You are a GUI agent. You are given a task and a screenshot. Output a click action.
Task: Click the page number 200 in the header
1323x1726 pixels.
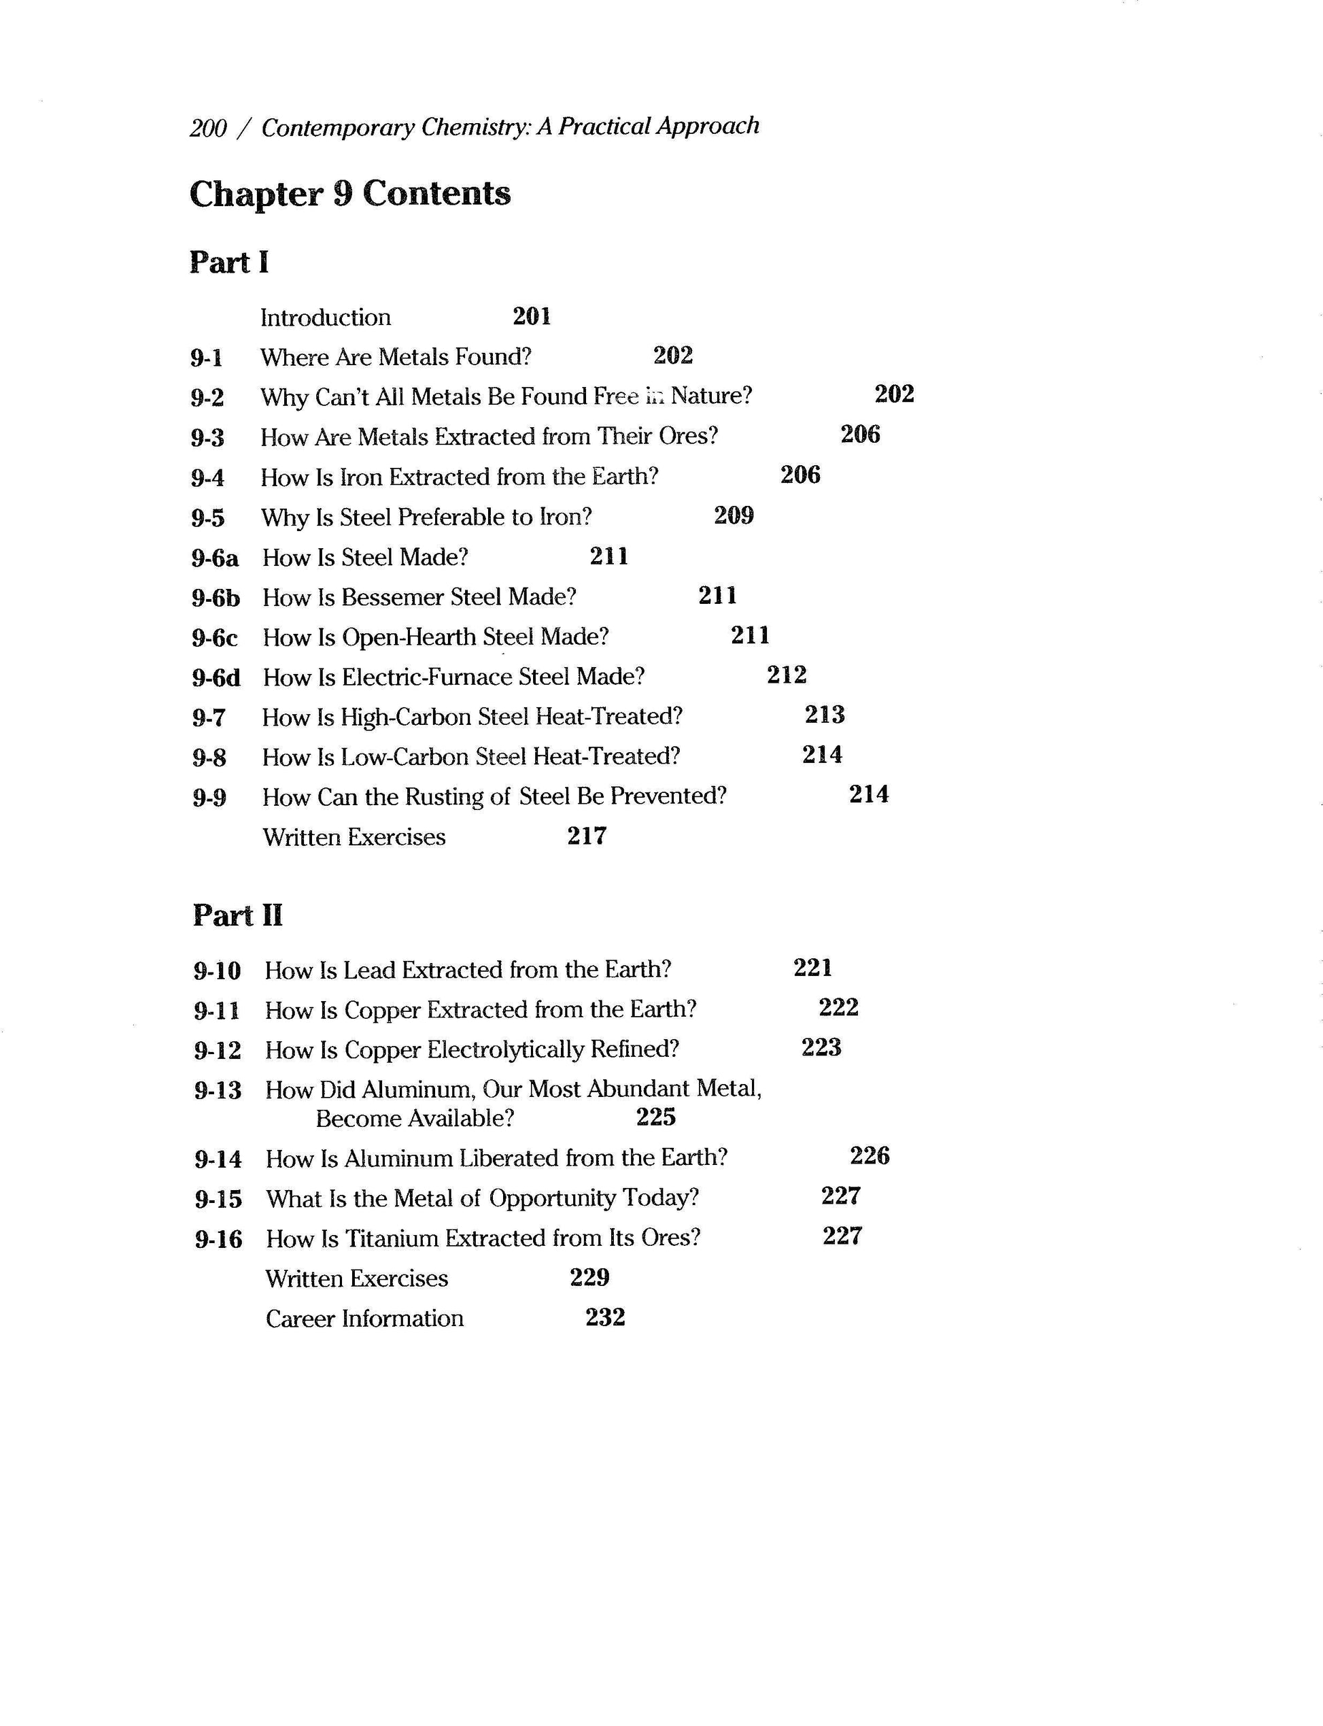(x=208, y=128)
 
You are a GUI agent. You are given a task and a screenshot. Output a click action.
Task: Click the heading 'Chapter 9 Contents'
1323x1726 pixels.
(x=349, y=194)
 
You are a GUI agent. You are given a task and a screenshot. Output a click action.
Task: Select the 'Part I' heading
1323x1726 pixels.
(x=228, y=263)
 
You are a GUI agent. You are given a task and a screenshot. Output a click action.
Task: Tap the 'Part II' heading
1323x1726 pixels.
(x=237, y=915)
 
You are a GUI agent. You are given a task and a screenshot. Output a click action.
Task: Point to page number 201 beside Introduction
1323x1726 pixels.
(x=532, y=317)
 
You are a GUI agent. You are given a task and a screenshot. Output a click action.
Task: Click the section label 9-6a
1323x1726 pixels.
(x=214, y=558)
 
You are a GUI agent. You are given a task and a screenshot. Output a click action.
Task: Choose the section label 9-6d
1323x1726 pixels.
(x=216, y=677)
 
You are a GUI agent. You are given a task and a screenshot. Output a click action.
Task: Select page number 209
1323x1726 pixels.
(x=733, y=515)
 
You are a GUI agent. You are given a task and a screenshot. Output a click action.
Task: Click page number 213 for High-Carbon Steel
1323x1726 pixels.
(x=825, y=715)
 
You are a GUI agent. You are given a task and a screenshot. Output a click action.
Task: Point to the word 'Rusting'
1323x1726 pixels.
(x=444, y=796)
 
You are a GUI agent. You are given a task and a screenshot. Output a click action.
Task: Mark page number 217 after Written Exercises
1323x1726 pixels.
(x=587, y=836)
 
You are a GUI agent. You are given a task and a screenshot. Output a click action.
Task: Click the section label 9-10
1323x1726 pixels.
(x=218, y=970)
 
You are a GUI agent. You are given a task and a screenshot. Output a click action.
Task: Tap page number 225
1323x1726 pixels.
(x=656, y=1117)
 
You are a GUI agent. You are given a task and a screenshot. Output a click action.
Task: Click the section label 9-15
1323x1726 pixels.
(x=218, y=1200)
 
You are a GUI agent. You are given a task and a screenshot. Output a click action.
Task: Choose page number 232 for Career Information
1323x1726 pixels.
(x=605, y=1317)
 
